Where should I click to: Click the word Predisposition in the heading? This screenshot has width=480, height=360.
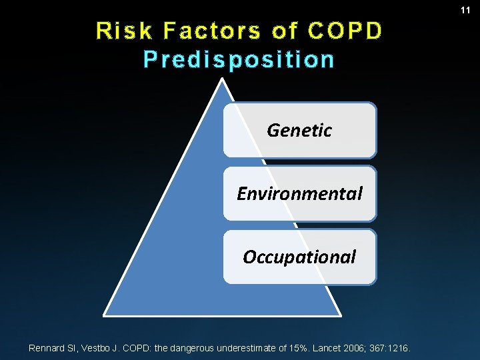tap(239, 59)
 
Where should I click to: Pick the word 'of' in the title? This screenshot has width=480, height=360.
tap(285, 31)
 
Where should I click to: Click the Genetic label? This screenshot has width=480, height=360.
tap(299, 130)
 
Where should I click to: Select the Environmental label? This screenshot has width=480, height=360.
tap(299, 194)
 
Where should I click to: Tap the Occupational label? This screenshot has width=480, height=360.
tap(299, 257)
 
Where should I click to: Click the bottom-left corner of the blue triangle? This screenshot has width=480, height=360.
tap(105, 313)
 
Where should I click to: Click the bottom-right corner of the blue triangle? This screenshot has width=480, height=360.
tap(341, 313)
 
